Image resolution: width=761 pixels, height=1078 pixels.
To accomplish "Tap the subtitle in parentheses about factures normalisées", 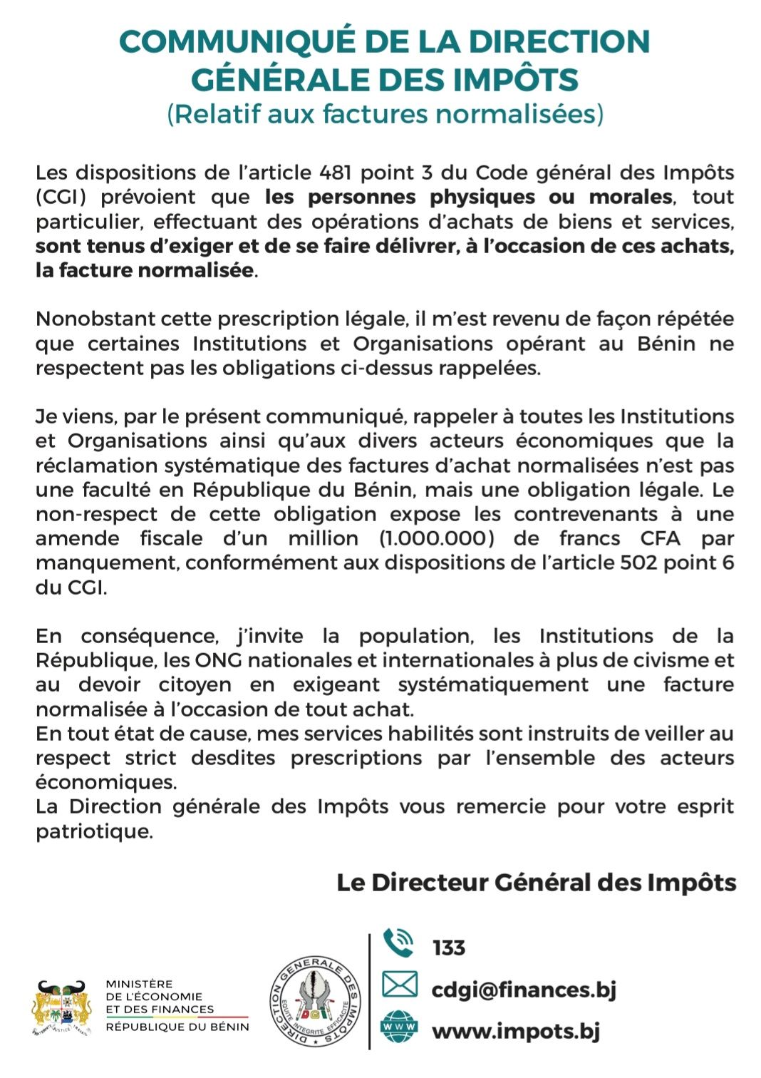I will pyautogui.click(x=385, y=114).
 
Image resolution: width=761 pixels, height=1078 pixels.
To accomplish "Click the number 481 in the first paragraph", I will pyautogui.click(x=336, y=173).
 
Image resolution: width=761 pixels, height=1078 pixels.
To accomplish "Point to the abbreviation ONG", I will pyautogui.click(x=217, y=660).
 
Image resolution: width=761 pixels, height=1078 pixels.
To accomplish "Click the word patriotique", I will pyautogui.click(x=94, y=831).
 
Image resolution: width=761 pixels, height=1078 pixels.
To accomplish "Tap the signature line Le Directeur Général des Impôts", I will pyautogui.click(x=536, y=883).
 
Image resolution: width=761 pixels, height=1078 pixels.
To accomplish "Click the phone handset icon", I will pyautogui.click(x=398, y=943).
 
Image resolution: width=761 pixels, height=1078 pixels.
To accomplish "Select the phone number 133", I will pyautogui.click(x=448, y=948).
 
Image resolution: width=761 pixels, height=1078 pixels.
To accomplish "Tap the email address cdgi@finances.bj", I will pyautogui.click(x=524, y=990).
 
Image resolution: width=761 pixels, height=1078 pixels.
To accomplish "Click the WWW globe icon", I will pyautogui.click(x=399, y=1027).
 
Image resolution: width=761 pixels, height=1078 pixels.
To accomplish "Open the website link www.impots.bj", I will pyautogui.click(x=516, y=1031).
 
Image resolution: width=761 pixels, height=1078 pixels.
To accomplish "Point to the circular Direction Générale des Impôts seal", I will pyautogui.click(x=315, y=1002).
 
